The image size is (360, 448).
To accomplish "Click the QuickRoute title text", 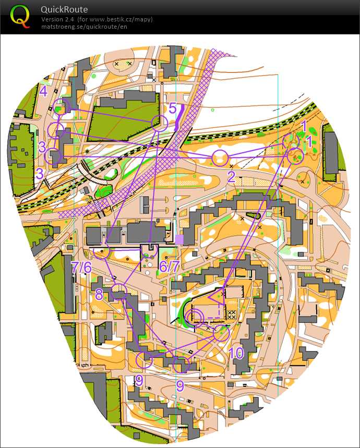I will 64,9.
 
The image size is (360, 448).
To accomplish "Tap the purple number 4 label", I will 43,91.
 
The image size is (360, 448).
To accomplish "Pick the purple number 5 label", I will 172,108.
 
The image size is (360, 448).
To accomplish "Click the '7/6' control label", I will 81,267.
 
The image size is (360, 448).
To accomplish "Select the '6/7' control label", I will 170,267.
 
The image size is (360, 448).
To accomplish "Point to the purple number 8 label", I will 99,294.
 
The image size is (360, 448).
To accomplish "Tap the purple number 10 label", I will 236,353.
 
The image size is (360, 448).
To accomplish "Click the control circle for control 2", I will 220,158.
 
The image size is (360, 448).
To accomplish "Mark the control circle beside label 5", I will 159,124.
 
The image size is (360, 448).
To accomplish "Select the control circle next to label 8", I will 119,290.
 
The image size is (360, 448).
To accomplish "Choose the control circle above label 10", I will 221,333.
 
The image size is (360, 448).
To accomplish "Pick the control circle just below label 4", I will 62,106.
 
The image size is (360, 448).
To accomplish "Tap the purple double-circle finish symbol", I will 196,317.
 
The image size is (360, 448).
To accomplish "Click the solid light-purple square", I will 179,239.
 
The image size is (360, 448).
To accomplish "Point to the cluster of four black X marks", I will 232,314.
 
